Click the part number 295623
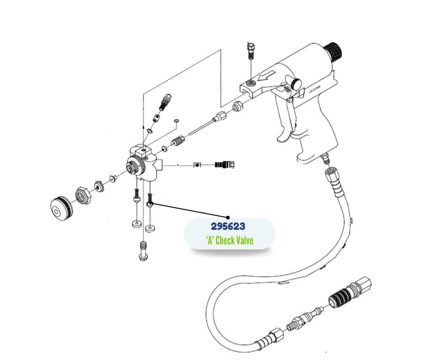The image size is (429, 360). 228,226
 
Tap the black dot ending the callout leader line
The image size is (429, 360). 228,217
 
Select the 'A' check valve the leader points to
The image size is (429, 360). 150,201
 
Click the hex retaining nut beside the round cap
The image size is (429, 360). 84,197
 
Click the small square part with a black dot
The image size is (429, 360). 197,164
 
